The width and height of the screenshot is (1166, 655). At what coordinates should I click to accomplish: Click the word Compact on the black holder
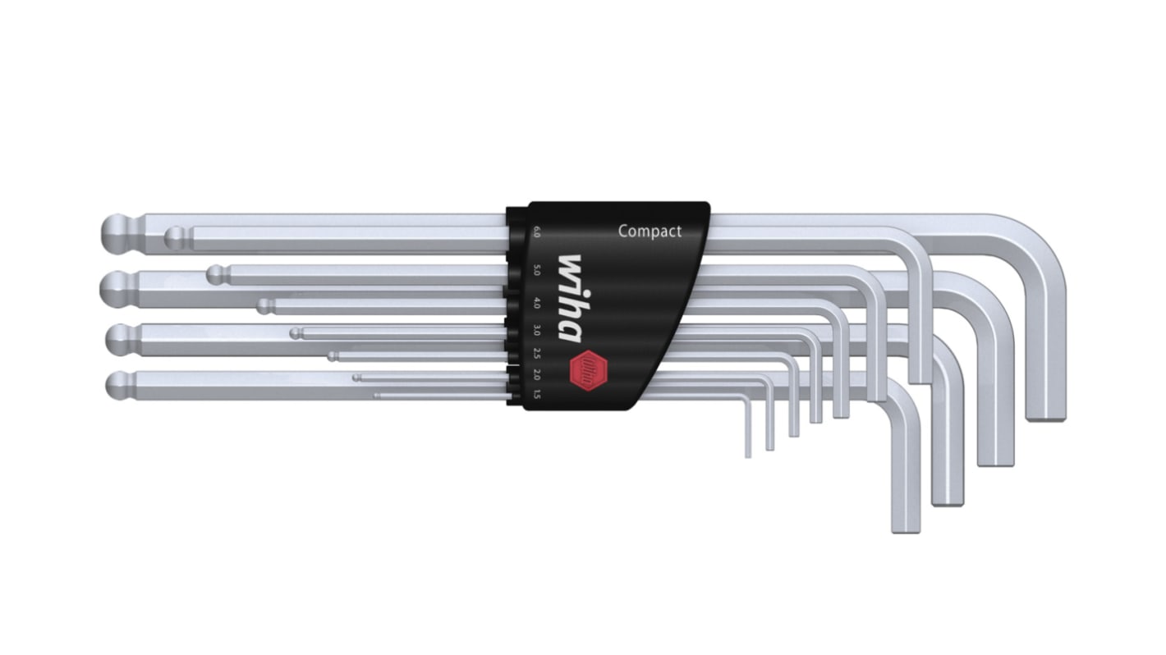(650, 231)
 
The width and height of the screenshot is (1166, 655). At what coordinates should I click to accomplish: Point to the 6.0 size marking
(536, 232)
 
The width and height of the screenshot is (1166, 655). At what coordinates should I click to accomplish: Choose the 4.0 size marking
(536, 302)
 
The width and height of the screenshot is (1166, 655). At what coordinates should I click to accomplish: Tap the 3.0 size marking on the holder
(536, 331)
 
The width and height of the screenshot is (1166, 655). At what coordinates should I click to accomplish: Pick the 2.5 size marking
(536, 354)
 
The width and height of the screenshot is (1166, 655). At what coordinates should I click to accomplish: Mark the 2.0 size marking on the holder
(536, 374)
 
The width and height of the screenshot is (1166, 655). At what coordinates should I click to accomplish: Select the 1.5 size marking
(536, 393)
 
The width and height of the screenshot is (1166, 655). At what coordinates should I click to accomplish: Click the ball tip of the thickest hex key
(117, 232)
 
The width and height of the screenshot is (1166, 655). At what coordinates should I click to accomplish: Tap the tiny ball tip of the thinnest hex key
(376, 396)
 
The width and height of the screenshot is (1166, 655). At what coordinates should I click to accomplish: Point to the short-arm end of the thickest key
(1045, 415)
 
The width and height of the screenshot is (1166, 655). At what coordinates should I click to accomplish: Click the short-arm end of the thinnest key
(748, 451)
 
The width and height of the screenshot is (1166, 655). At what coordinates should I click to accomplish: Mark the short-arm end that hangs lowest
(906, 525)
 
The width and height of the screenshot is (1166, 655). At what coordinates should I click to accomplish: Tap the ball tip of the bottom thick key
(119, 385)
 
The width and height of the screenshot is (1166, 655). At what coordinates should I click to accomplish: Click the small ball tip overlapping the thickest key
(174, 238)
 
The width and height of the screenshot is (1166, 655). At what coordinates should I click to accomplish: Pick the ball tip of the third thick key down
(120, 339)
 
